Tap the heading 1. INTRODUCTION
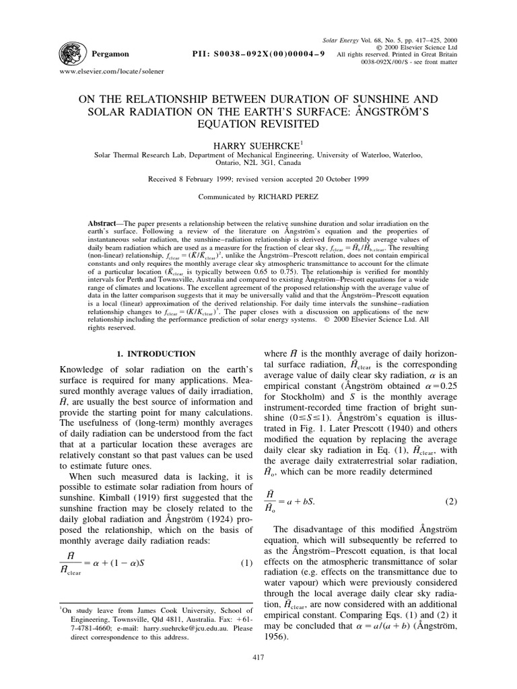pos(156,353)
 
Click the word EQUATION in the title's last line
pos(258,124)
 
